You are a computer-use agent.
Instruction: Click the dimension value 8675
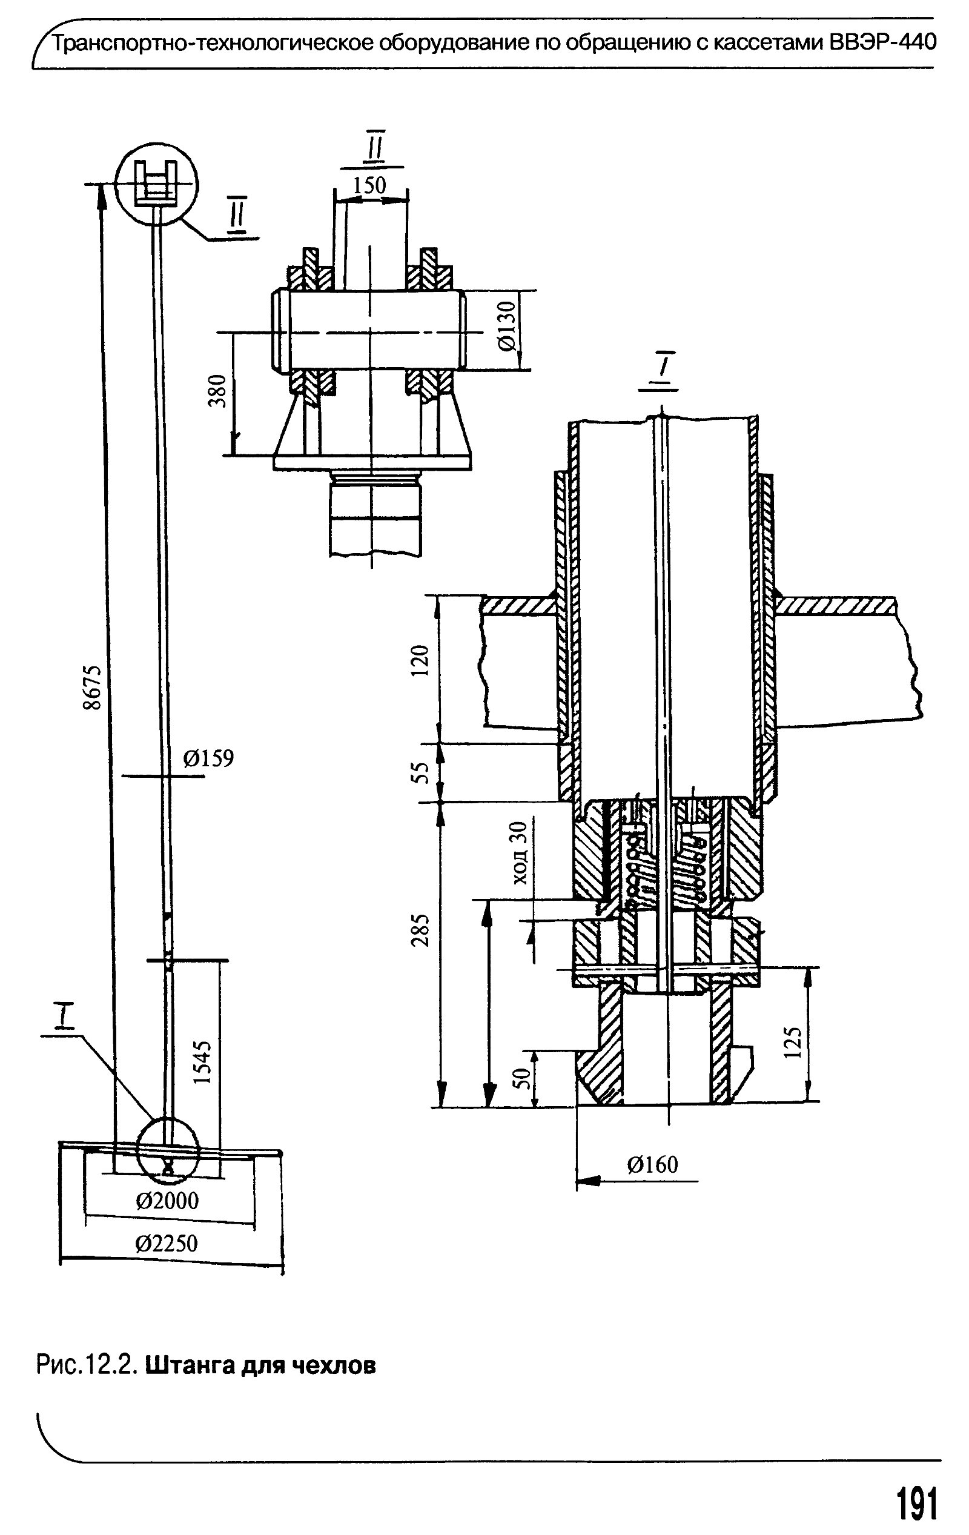93,687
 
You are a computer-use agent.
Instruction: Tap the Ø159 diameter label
208,758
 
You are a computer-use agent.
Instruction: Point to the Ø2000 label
167,1202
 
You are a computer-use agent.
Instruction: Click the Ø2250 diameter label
167,1244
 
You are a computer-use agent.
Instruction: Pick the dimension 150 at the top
370,185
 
